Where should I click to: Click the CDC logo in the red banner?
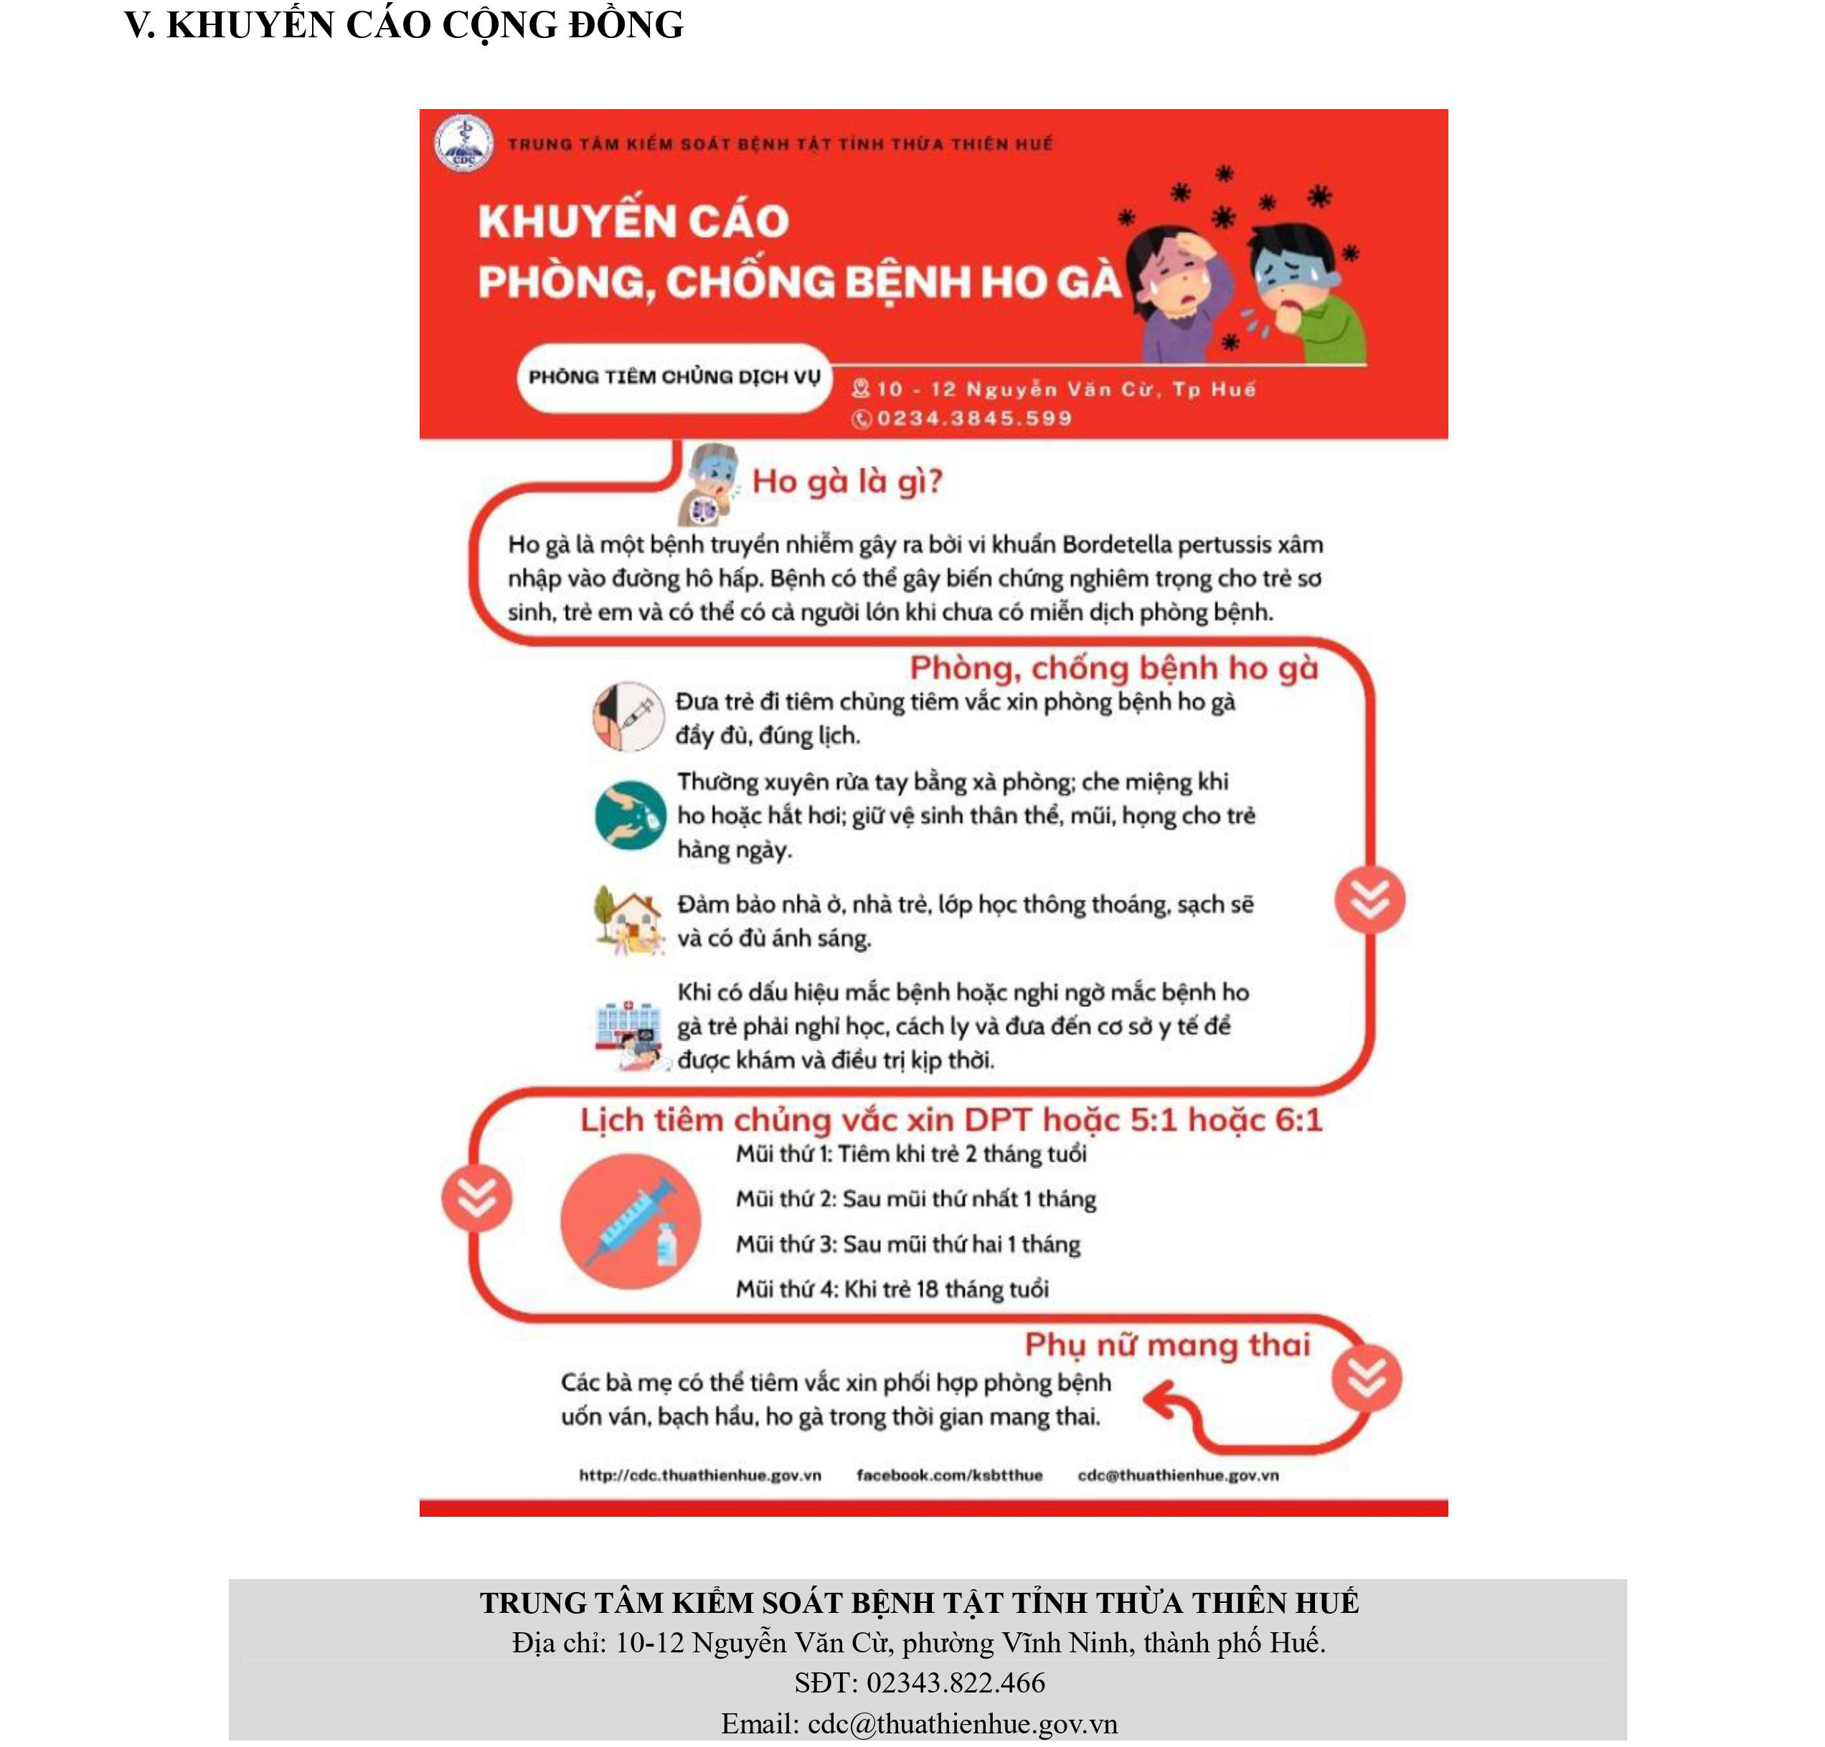pos(463,143)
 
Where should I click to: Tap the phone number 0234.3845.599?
pos(973,419)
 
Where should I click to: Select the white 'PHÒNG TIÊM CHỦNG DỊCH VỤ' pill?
pos(674,377)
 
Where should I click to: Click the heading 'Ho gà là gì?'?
pos(847,481)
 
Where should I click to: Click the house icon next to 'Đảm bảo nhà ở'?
pos(629,919)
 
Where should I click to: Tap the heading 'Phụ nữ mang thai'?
pos(1166,1344)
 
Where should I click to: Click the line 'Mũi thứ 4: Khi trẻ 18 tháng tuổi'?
pos(892,1289)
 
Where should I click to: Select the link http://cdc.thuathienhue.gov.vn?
pos(699,1474)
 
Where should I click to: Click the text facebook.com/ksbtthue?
pos(949,1474)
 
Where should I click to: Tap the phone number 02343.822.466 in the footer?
pos(956,1682)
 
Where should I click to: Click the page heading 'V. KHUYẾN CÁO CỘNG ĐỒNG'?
pos(404,25)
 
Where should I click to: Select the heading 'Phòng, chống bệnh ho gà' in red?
pos(1113,668)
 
